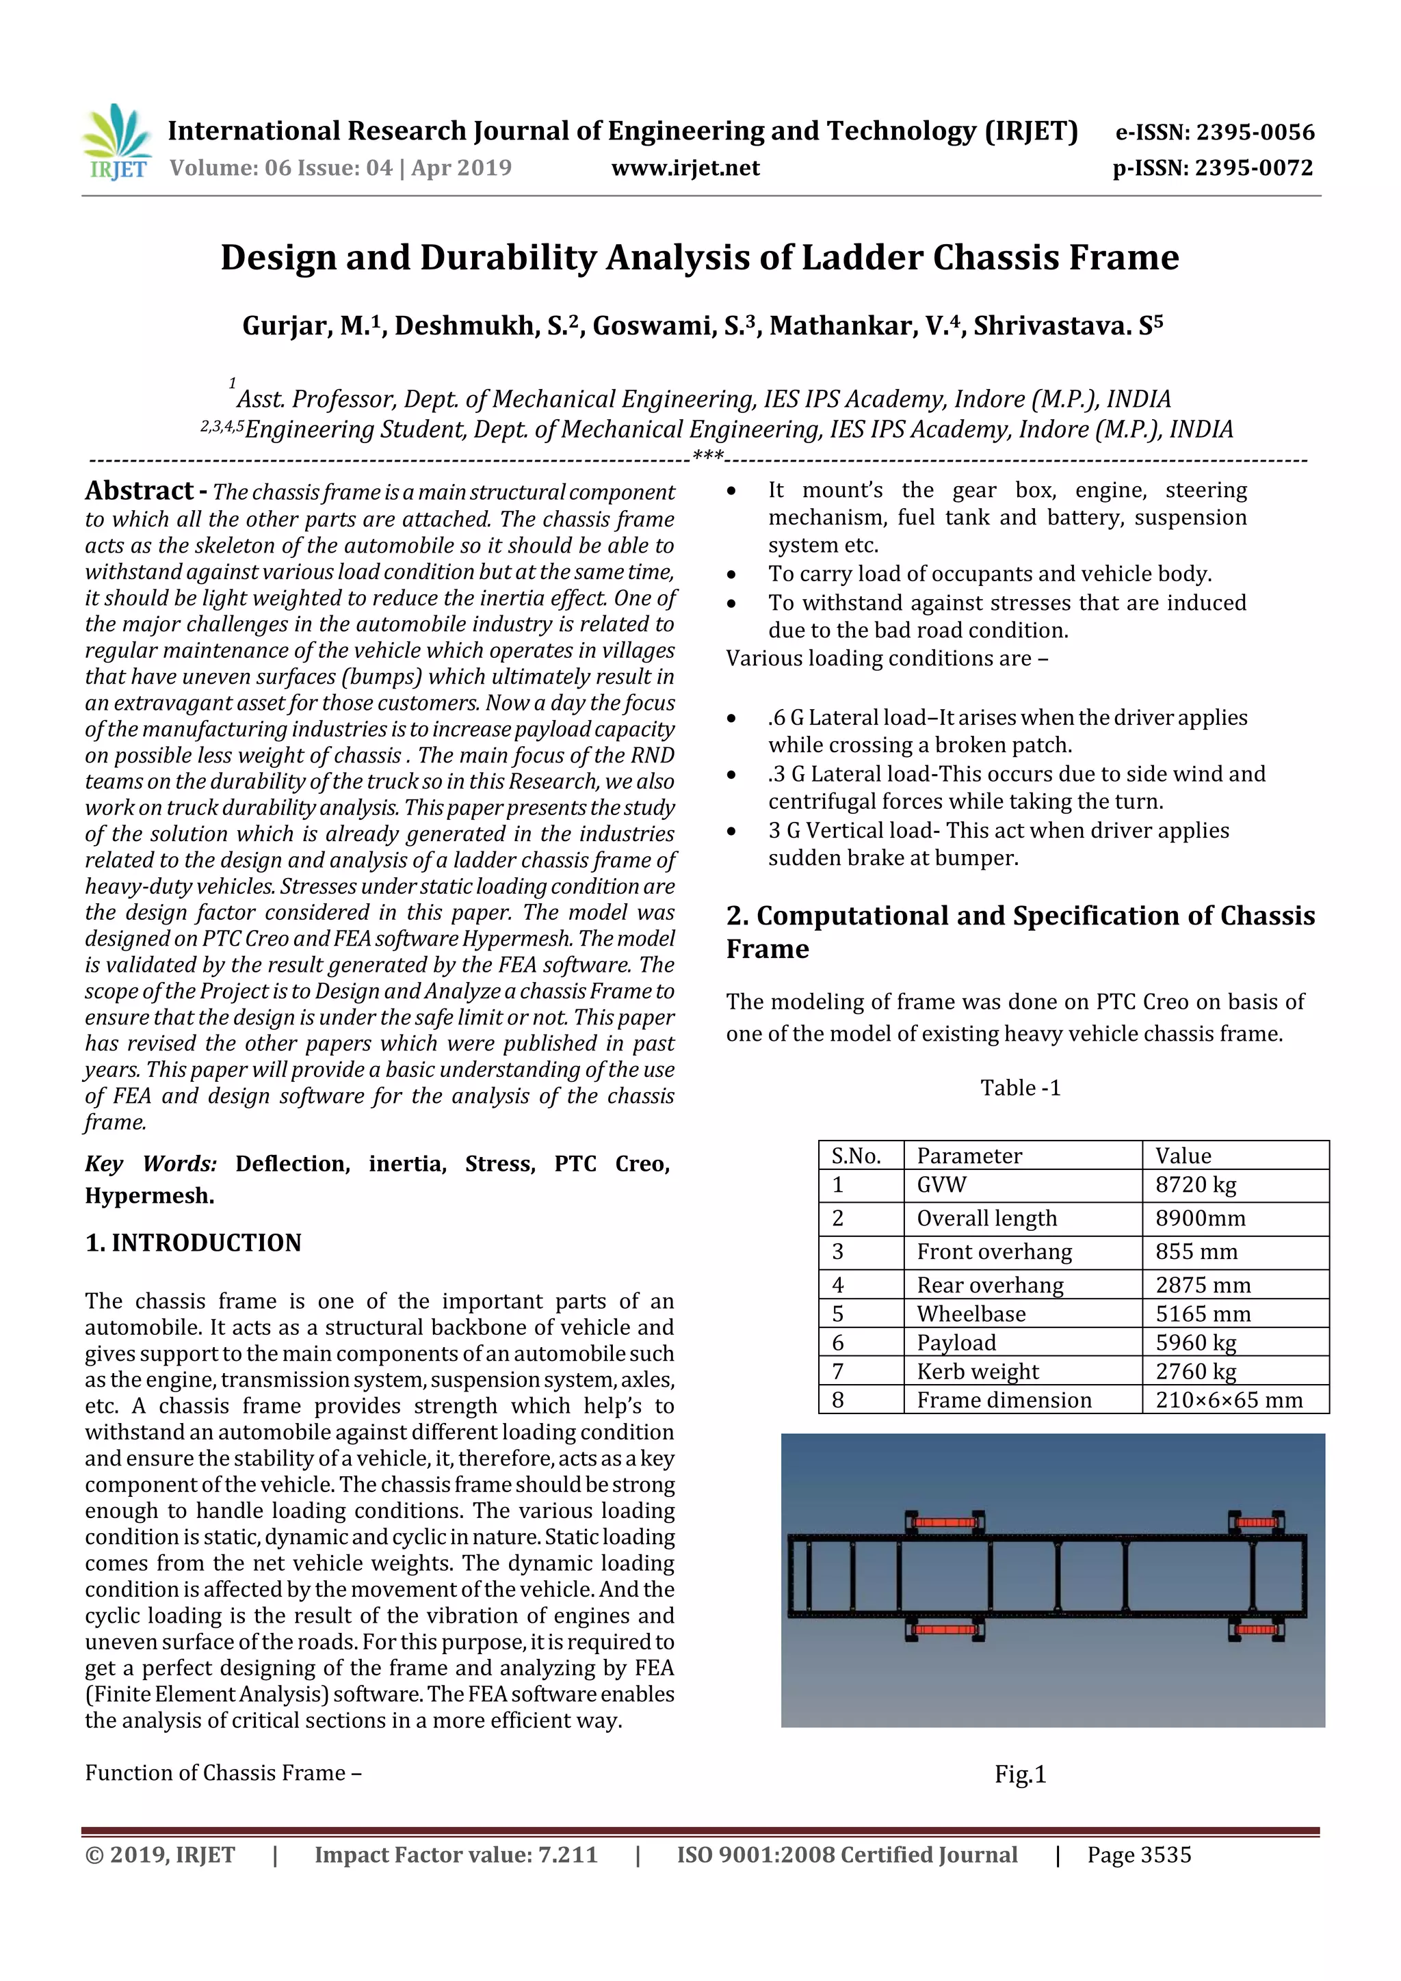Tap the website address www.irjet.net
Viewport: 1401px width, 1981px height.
[x=685, y=168]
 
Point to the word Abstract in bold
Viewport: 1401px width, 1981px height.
[x=139, y=491]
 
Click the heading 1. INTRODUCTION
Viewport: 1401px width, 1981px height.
[x=194, y=1242]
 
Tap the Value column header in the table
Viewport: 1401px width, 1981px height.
[x=1183, y=1155]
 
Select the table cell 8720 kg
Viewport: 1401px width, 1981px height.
[x=1196, y=1184]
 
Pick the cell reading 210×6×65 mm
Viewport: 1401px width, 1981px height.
[x=1229, y=1400]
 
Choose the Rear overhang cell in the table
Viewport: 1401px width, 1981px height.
[x=990, y=1285]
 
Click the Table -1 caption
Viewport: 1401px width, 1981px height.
[x=1019, y=1088]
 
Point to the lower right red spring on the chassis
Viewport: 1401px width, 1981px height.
[x=1256, y=1630]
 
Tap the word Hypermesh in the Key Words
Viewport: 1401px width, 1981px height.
[x=148, y=1196]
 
